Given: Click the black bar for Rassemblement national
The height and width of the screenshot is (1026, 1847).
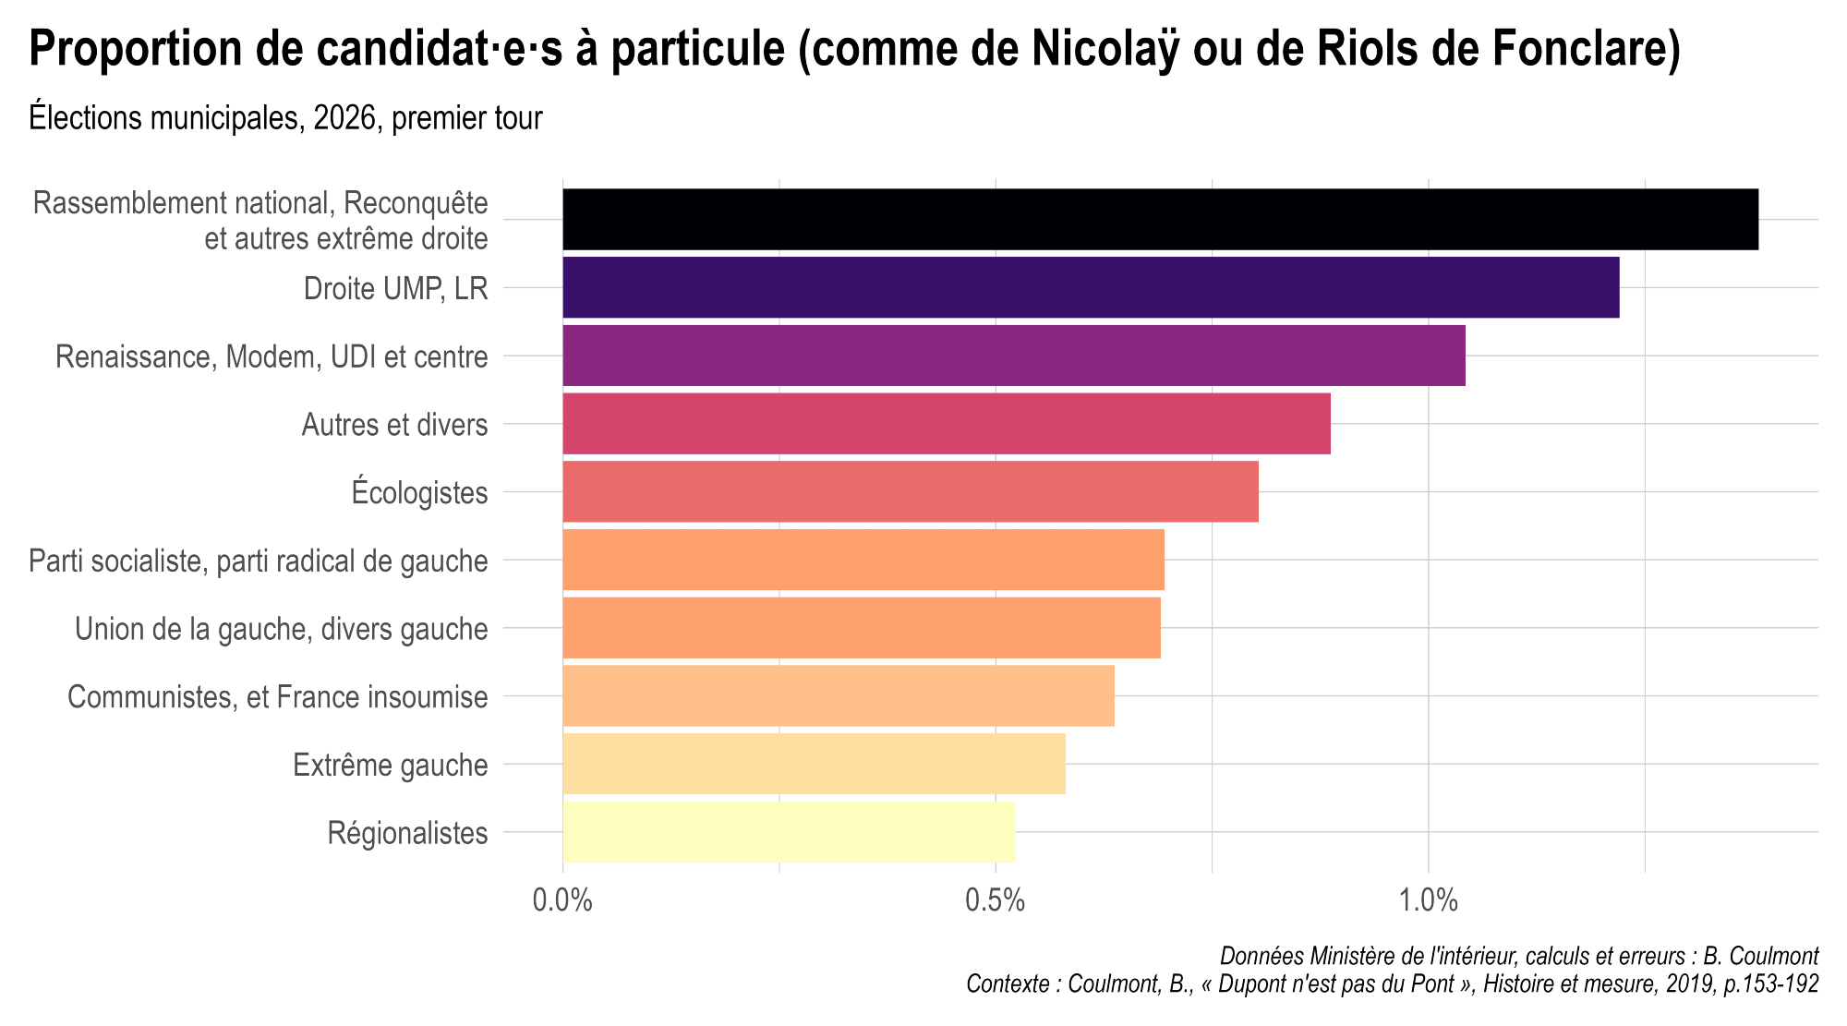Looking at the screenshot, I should (x=1160, y=219).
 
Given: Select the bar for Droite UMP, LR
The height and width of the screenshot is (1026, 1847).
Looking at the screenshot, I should (x=1091, y=287).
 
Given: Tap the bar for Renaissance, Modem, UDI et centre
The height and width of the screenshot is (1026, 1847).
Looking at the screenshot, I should (x=1013, y=356).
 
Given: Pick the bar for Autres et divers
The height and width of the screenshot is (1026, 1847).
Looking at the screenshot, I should (x=946, y=424).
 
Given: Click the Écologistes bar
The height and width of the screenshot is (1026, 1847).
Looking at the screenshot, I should (x=910, y=491).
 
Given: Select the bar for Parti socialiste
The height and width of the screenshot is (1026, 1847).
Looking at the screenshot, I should (x=863, y=560).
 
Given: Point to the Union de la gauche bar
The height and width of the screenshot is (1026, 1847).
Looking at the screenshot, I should (x=861, y=628).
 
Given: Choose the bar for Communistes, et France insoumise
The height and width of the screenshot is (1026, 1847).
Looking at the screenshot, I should (x=838, y=695).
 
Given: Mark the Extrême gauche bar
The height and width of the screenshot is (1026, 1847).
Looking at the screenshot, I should (x=814, y=764).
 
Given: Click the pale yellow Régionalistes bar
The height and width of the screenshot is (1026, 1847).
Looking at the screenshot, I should (x=789, y=831).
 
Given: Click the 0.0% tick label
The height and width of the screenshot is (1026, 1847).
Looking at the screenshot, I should (x=562, y=900).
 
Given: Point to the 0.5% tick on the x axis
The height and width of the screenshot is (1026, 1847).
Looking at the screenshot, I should (x=996, y=900).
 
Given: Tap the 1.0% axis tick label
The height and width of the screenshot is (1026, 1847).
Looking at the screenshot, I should (x=1429, y=900).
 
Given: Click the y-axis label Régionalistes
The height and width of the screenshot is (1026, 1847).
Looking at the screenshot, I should (x=407, y=833).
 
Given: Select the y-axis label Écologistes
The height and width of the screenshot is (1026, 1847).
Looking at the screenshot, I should (x=419, y=492).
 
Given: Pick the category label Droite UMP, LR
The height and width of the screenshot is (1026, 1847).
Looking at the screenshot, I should (x=395, y=289).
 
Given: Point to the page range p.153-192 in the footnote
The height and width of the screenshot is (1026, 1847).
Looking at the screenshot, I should (x=1771, y=984).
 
